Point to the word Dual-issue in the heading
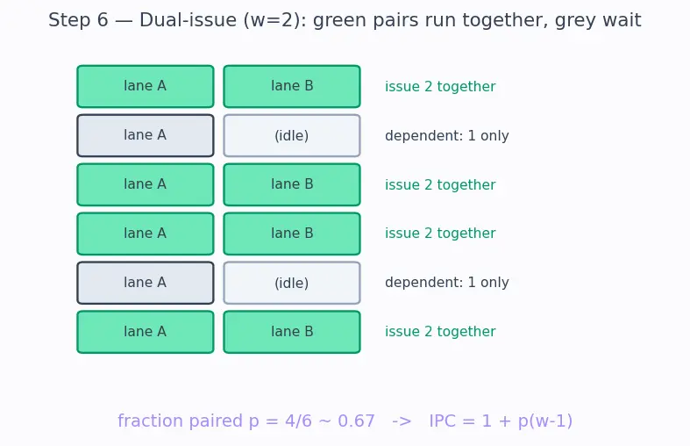tap(188, 20)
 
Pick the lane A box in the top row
tap(146, 86)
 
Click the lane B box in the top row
tap(292, 86)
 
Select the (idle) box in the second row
tap(292, 136)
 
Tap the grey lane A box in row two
tap(146, 136)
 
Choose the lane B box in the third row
tap(292, 184)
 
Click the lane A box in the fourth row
tap(146, 234)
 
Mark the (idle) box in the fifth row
tap(292, 283)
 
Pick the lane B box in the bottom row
tap(292, 332)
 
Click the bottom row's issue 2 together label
tap(440, 332)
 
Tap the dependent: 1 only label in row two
tap(446, 136)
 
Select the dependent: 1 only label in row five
tap(446, 283)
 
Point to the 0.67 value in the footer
tap(356, 421)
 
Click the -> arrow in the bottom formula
tap(402, 421)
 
